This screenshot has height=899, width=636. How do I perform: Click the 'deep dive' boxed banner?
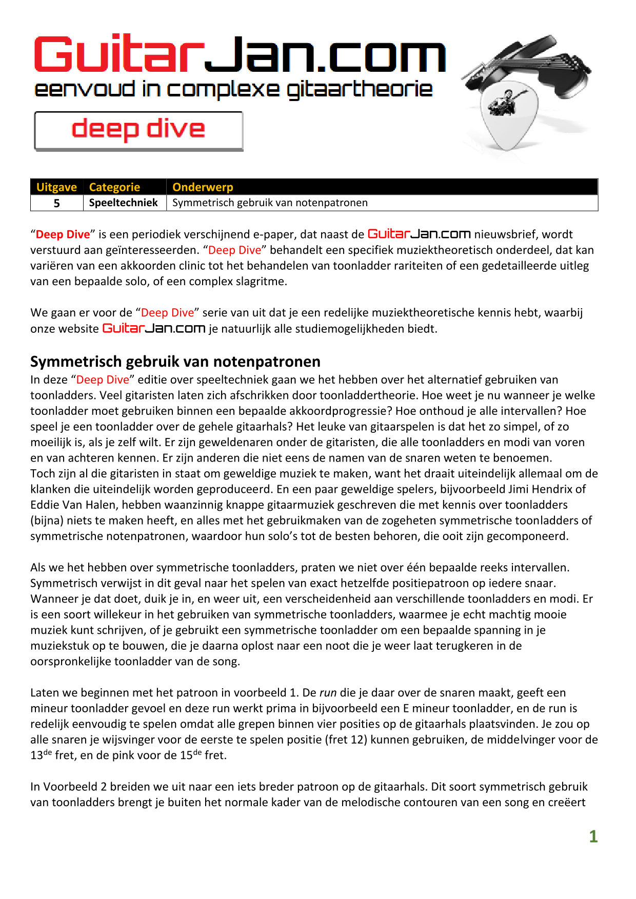point(138,131)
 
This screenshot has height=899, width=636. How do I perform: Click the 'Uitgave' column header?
point(56,187)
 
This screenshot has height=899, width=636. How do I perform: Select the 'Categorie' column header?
point(114,187)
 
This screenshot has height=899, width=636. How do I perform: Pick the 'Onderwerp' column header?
point(203,187)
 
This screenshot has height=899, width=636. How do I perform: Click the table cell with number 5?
point(57,203)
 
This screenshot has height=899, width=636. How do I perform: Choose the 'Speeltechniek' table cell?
point(123,203)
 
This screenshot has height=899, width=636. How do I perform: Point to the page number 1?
point(593,836)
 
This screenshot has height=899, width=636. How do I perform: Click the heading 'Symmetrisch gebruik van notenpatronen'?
point(175,362)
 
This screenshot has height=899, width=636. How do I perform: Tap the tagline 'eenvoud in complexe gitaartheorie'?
point(233,89)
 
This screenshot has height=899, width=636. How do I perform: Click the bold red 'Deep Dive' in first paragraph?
point(63,234)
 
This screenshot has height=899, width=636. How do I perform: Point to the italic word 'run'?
point(328,693)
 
